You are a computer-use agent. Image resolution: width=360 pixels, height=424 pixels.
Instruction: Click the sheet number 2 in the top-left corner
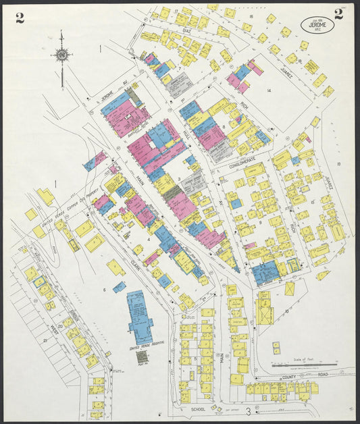20,18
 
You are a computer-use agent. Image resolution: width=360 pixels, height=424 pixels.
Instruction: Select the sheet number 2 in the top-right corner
338,14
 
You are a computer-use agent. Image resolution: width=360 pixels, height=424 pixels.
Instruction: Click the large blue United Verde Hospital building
140,317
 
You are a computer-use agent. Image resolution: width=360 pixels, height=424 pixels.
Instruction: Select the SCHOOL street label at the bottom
197,409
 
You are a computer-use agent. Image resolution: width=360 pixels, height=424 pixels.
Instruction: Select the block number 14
269,90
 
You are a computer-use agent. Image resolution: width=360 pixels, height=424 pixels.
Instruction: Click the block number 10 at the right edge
338,164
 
